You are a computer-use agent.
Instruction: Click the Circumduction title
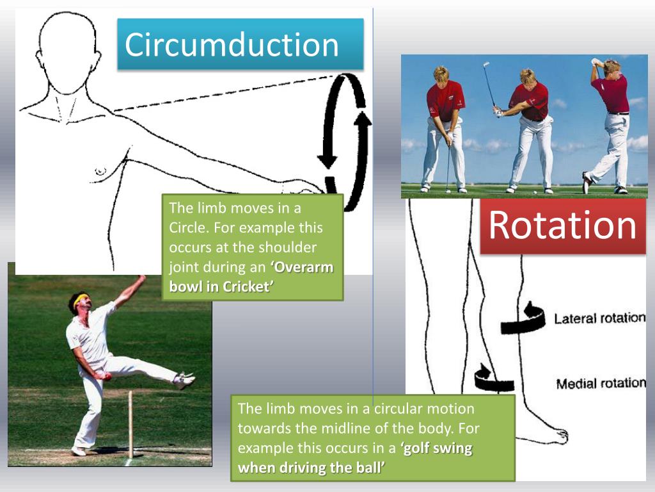[x=232, y=45]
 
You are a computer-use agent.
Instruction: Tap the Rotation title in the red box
[x=563, y=225]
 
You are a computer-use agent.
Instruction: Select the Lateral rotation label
[x=599, y=318]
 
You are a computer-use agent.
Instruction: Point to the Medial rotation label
[x=601, y=384]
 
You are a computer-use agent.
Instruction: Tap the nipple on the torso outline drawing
[x=100, y=171]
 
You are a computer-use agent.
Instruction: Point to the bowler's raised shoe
[x=185, y=380]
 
